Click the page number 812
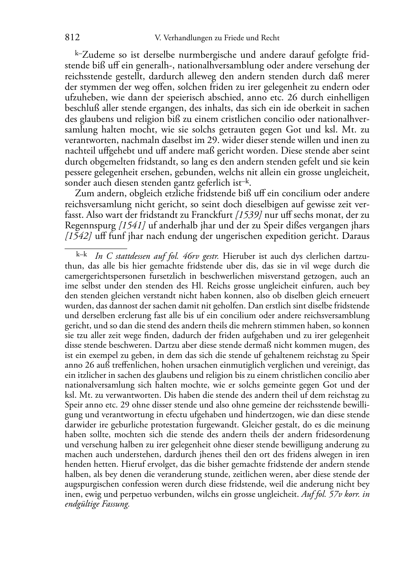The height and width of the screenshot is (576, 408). click(72, 38)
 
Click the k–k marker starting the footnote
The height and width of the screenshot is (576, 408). click(82, 256)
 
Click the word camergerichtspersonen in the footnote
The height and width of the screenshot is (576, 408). click(104, 276)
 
